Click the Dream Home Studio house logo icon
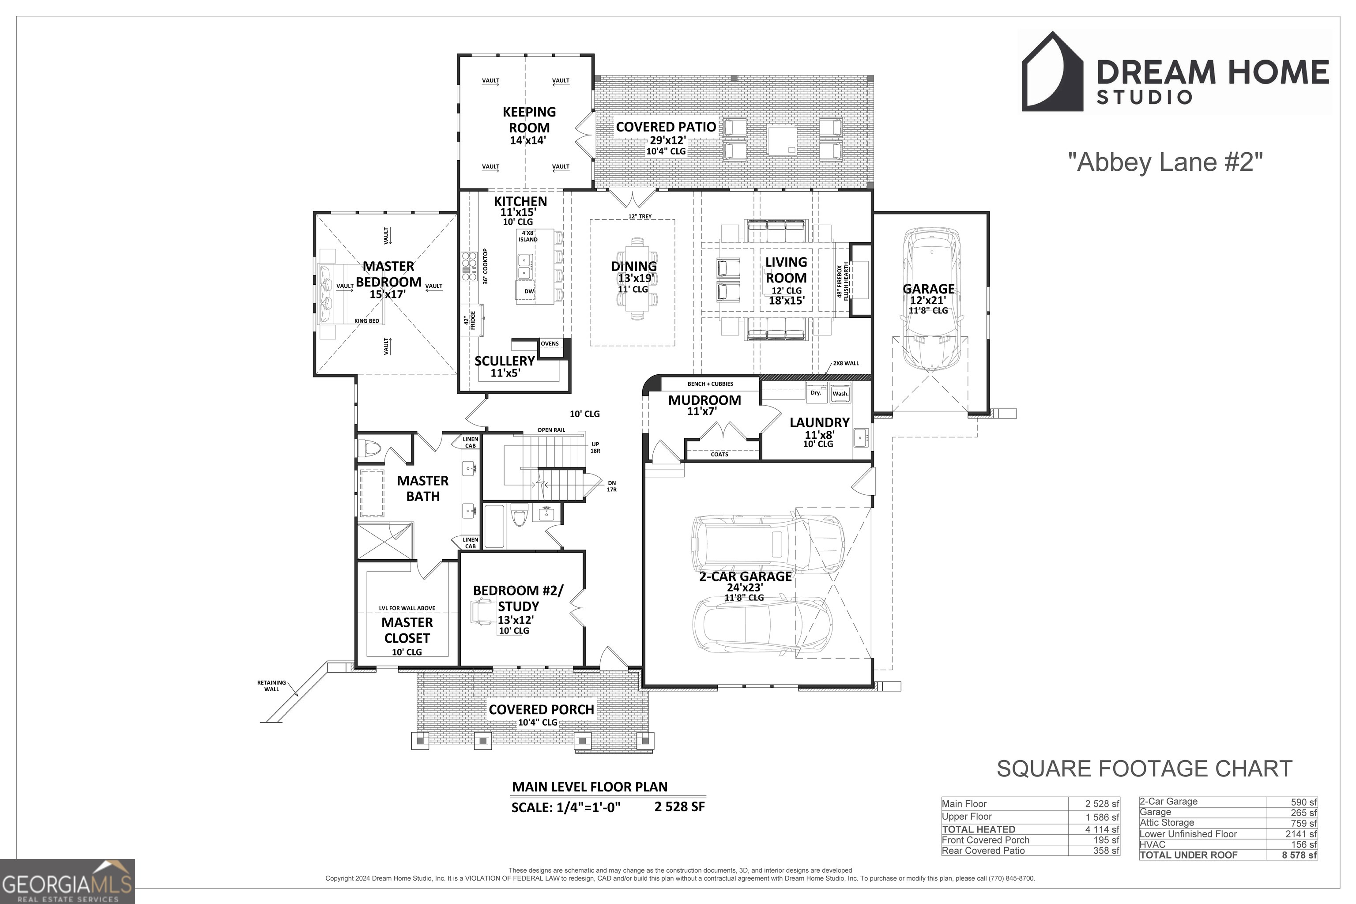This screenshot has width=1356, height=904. [x=1053, y=72]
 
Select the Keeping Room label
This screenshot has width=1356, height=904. [x=529, y=119]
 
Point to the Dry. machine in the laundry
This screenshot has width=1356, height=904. [x=816, y=392]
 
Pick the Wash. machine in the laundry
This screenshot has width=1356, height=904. [x=840, y=392]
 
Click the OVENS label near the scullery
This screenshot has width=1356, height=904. [x=550, y=343]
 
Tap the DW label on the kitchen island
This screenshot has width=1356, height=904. [x=529, y=291]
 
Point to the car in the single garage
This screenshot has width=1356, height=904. [x=932, y=298]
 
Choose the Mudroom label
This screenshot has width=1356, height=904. [x=704, y=400]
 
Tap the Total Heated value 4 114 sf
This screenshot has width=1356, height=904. [x=1102, y=829]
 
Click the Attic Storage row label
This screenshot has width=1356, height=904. [x=1167, y=823]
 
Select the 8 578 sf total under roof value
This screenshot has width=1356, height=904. [x=1299, y=855]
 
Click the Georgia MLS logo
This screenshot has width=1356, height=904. [x=68, y=881]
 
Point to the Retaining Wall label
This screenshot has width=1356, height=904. [x=271, y=686]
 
